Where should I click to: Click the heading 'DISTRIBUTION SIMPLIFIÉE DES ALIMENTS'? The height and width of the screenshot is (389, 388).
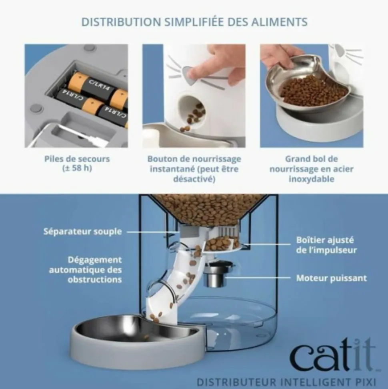(194, 22)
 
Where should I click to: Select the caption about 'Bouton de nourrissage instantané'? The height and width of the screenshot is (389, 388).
(194, 169)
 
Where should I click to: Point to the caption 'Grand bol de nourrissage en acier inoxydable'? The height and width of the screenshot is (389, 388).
(312, 169)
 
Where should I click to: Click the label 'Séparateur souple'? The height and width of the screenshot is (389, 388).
(83, 232)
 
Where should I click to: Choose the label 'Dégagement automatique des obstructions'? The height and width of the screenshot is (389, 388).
(86, 270)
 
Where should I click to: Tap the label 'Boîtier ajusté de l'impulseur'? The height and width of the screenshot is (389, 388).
(326, 245)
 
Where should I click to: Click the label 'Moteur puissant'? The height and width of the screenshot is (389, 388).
(332, 278)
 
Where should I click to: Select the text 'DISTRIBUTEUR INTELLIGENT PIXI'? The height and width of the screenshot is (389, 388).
(286, 381)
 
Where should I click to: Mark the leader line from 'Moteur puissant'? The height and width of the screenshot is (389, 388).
(258, 278)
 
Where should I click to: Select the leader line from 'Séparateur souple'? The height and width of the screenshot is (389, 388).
(154, 232)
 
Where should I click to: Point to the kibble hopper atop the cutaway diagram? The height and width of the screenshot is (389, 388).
(208, 209)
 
